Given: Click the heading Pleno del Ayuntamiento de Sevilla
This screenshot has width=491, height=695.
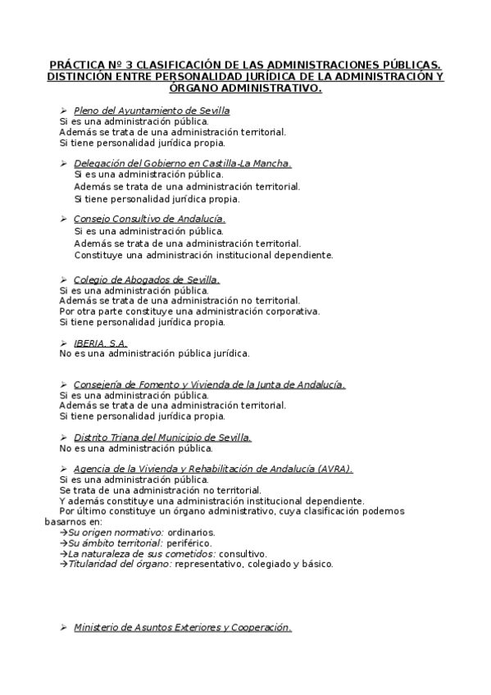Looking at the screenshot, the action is click(x=152, y=111).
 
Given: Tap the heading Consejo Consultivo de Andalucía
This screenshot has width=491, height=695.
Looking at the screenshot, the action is click(x=149, y=219).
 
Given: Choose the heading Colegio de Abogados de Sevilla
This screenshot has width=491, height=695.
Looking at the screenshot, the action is click(x=147, y=279).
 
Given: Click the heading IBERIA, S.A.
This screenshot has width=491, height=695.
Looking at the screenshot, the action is click(x=100, y=343).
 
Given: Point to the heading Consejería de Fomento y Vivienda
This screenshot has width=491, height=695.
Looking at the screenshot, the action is click(x=209, y=384).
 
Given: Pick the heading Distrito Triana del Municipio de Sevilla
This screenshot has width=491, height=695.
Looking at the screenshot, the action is click(x=162, y=438).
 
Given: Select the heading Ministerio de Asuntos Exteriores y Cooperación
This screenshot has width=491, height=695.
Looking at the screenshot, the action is click(x=182, y=628).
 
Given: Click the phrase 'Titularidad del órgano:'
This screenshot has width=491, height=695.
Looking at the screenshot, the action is click(x=120, y=565).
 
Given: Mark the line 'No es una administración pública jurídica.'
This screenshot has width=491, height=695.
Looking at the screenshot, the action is click(x=154, y=354).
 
